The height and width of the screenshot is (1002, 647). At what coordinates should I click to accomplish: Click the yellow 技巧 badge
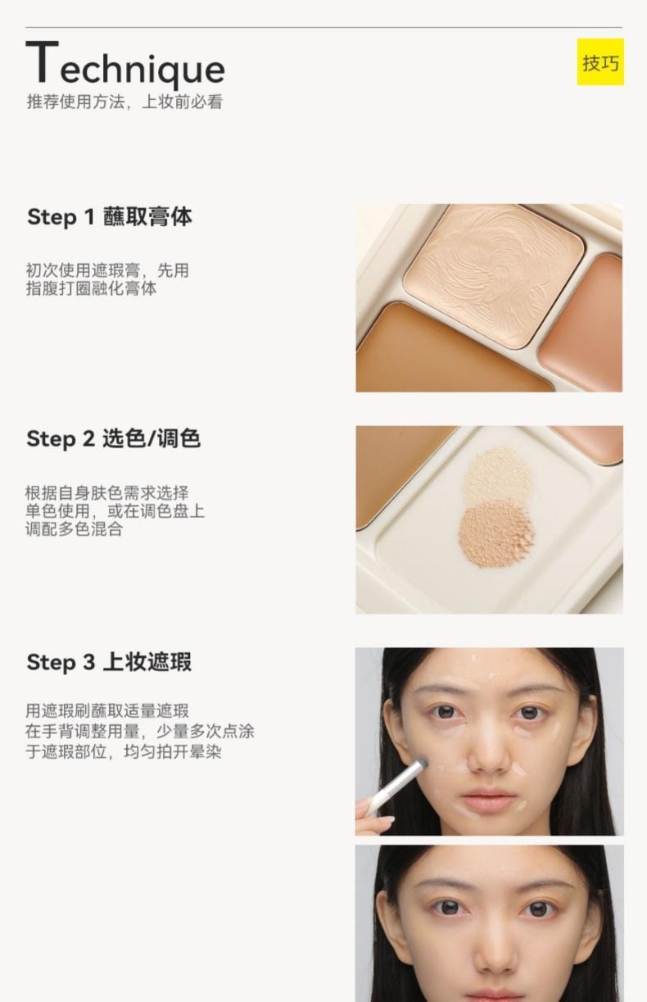[599, 62]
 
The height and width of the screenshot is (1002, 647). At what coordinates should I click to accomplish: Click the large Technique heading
[125, 66]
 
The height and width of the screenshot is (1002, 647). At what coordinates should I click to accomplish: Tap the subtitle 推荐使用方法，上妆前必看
[124, 102]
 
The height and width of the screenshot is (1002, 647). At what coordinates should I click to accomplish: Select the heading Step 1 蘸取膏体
[110, 217]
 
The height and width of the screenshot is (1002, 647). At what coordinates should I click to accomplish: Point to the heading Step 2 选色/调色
[113, 439]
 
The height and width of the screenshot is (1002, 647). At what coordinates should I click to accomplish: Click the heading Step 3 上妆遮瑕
[109, 662]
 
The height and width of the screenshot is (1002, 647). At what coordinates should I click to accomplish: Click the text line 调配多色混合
[74, 528]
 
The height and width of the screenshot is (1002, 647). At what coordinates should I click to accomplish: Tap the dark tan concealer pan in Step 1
[442, 352]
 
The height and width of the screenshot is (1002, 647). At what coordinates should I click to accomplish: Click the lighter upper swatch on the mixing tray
[497, 474]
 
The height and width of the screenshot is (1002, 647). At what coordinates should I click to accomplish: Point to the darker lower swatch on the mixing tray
[495, 533]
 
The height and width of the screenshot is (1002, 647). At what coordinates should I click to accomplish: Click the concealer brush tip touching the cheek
[421, 764]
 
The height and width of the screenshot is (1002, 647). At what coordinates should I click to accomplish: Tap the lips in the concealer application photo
[488, 799]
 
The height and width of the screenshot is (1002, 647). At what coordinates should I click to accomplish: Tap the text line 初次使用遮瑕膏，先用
[106, 270]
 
